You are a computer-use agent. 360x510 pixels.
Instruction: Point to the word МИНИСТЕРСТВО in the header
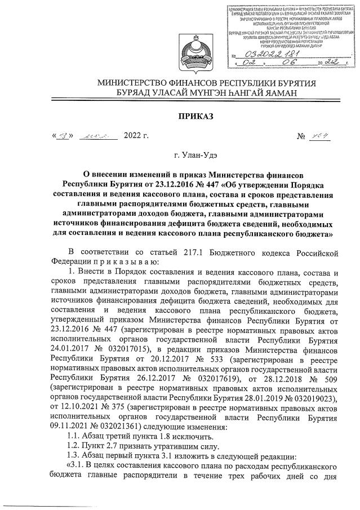134,83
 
